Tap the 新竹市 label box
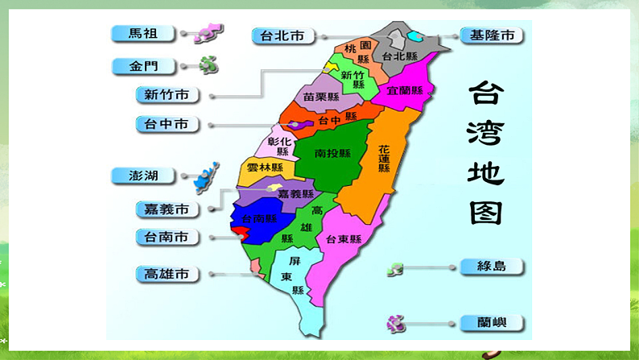167,95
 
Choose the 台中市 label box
167,124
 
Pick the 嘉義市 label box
167,209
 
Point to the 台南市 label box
167,237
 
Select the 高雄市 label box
167,274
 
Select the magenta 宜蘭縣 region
406,90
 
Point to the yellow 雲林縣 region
265,168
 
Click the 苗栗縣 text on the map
319,95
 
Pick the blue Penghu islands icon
207,173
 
